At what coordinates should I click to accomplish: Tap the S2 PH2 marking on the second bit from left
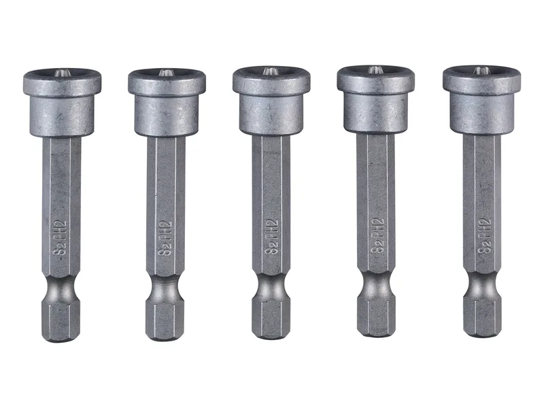(165, 238)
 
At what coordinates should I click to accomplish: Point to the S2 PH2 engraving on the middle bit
(271, 237)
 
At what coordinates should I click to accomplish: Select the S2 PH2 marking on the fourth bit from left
(377, 235)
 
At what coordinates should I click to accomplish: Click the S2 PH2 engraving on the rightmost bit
(484, 236)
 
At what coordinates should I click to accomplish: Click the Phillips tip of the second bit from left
(165, 73)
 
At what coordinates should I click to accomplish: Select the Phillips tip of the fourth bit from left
(375, 70)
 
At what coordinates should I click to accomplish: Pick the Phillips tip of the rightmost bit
(481, 71)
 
